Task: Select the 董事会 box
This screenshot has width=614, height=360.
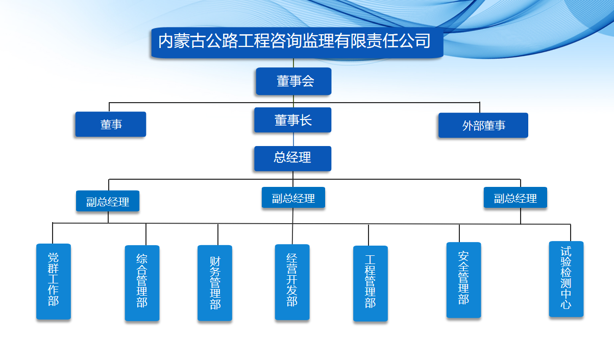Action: click(x=293, y=81)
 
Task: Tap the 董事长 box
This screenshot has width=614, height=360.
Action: click(x=293, y=120)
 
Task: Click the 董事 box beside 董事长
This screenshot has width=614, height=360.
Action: click(x=111, y=124)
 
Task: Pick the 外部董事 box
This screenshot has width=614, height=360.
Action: click(x=483, y=126)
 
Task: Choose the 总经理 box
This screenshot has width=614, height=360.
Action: click(x=293, y=158)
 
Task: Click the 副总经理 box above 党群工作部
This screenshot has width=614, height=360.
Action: click(x=108, y=201)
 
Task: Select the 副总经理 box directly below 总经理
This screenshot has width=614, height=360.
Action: click(x=293, y=198)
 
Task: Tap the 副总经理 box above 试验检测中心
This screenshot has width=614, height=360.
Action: click(x=515, y=198)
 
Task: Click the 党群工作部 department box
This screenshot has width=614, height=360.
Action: click(x=54, y=281)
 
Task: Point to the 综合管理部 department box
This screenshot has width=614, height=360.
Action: click(x=142, y=283)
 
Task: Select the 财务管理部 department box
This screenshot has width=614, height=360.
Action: click(x=215, y=283)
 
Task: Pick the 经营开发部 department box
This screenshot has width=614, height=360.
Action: click(x=292, y=282)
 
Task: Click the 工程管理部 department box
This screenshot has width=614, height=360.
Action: click(x=371, y=283)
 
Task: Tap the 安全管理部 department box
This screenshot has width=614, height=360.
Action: click(x=464, y=280)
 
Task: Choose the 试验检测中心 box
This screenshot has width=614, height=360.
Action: click(x=566, y=279)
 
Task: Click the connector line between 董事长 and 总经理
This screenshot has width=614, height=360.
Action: click(x=293, y=139)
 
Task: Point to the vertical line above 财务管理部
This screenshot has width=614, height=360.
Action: click(x=218, y=234)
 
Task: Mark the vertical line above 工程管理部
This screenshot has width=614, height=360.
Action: click(x=369, y=235)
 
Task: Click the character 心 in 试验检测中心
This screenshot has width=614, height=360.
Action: click(x=566, y=305)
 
